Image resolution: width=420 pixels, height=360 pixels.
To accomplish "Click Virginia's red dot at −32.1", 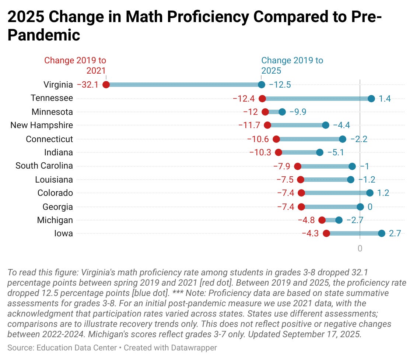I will (106, 85).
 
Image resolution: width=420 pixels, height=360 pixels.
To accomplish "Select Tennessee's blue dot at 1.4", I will (371, 99).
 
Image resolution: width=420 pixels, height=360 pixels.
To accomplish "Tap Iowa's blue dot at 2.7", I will (381, 233).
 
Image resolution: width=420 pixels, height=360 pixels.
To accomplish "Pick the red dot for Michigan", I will (322, 220).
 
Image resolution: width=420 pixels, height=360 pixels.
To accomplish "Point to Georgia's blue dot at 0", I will (360, 207).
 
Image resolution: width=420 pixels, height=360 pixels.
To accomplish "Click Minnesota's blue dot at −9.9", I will (282, 112).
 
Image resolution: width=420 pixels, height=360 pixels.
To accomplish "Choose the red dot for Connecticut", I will (276, 139).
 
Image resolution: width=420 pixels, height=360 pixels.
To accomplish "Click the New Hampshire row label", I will (42, 125).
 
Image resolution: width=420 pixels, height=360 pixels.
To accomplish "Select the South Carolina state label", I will (44, 166).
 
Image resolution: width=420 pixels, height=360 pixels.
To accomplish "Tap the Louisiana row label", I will (54, 180).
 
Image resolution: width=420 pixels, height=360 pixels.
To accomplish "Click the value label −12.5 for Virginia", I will (280, 85).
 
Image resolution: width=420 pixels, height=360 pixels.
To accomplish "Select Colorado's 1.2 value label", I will (383, 193).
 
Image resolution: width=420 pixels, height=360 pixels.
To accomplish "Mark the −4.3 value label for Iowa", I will (311, 233).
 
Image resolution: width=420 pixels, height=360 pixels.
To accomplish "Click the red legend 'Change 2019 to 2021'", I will (75, 65).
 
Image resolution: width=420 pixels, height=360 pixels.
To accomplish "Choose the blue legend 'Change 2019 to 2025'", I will (292, 65).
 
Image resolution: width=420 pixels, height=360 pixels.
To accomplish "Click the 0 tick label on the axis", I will (360, 248).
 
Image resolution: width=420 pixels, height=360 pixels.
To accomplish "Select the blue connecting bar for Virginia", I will (184, 85).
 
